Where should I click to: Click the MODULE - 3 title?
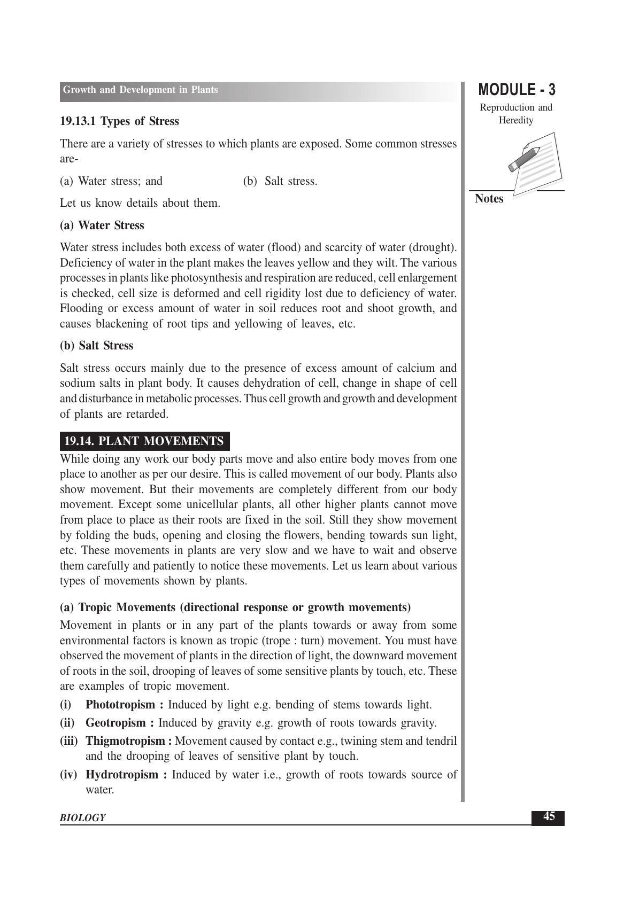[516, 90]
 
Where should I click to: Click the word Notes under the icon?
[489, 199]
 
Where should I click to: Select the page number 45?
[548, 816]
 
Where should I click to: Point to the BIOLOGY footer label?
[82, 817]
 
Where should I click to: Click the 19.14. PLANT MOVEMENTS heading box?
[144, 441]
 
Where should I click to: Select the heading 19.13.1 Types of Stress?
[119, 121]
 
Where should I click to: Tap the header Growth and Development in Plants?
[140, 90]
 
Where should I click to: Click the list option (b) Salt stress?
[280, 181]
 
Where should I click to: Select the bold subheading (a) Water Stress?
[102, 225]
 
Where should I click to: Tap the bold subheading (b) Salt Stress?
[97, 346]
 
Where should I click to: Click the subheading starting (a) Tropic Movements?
[235, 607]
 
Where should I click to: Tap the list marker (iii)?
[69, 741]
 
